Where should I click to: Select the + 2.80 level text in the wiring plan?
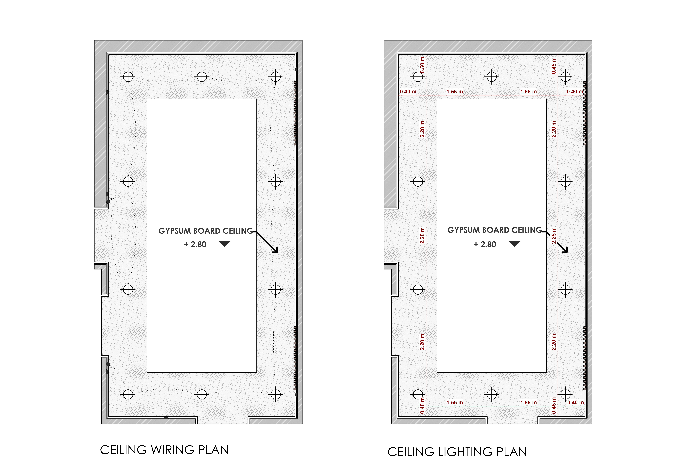195,244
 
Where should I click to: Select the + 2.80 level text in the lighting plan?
485,244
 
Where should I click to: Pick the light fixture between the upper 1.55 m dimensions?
492,77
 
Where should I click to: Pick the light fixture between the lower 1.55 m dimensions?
492,394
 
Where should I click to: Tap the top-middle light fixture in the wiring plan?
202,77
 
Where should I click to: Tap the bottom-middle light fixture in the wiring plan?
202,394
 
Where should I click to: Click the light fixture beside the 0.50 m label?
418,77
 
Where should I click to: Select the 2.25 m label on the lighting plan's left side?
422,236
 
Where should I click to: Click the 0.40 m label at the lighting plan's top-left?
408,92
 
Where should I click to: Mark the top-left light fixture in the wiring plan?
128,77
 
